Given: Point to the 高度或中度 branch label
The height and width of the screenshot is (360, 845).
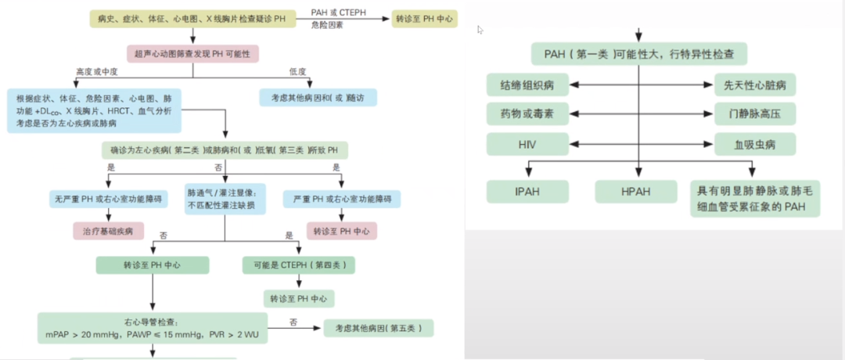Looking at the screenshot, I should pyautogui.click(x=96, y=72).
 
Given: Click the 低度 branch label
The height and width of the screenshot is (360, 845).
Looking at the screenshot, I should pyautogui.click(x=298, y=72).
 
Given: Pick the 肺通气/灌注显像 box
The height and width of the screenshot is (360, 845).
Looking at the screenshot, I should pyautogui.click(x=225, y=200).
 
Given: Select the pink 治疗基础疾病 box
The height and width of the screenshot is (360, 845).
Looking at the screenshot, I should pyautogui.click(x=108, y=231).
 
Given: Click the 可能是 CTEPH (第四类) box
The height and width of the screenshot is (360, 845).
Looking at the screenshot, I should pyautogui.click(x=298, y=265).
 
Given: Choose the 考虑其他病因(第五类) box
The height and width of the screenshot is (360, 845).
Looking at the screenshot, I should pyautogui.click(x=378, y=328).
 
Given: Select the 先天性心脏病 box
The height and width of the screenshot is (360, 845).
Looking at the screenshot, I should pyautogui.click(x=755, y=84).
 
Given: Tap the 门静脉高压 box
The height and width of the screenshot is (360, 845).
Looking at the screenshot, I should pyautogui.click(x=755, y=114).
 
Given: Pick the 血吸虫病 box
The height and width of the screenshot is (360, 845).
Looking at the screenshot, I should pyautogui.click(x=755, y=144).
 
